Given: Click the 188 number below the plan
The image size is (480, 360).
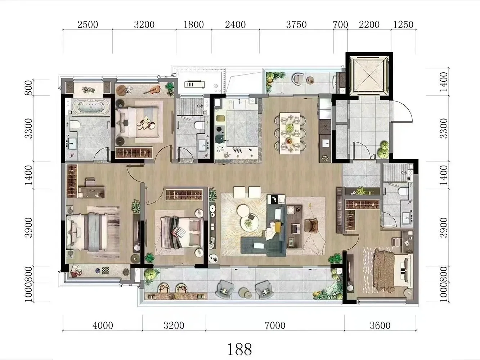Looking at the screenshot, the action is (x=239, y=349).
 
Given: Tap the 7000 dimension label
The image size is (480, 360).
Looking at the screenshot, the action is (x=275, y=326).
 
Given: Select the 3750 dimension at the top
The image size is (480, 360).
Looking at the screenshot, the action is (x=296, y=25).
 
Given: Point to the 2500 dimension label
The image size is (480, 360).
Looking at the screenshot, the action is (x=88, y=25).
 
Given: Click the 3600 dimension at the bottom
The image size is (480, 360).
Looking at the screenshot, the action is (x=380, y=326).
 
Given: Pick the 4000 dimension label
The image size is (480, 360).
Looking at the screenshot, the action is (x=103, y=326).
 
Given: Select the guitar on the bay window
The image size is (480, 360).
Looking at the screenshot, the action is (x=152, y=90).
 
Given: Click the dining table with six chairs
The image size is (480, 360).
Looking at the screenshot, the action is (x=290, y=133).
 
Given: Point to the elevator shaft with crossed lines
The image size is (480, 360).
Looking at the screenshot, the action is (x=369, y=74).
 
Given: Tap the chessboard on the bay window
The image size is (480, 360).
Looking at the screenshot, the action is (x=106, y=270).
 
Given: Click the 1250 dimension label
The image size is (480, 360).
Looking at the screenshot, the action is (x=403, y=25).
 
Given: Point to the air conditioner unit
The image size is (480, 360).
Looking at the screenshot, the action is (x=194, y=84).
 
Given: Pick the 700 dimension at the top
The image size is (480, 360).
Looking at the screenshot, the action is (x=341, y=25).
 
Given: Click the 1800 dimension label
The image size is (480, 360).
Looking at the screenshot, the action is (x=193, y=25).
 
